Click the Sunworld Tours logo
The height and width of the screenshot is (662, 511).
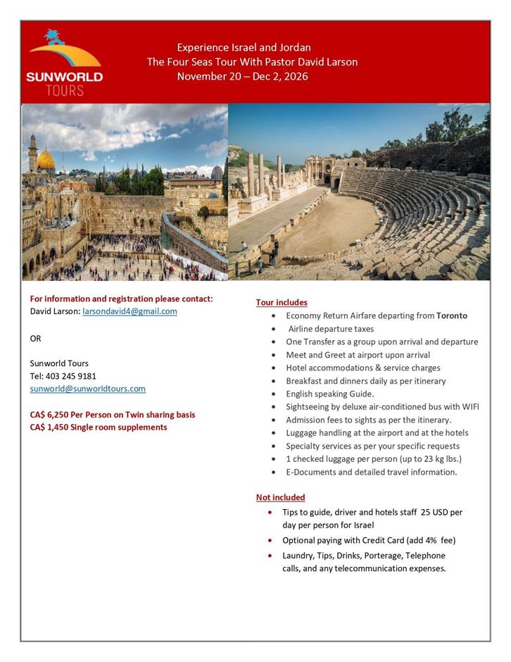pyautogui.click(x=64, y=63)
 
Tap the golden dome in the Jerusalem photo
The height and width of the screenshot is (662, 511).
pyautogui.click(x=46, y=160)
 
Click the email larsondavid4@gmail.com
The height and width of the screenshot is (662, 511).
pyautogui.click(x=130, y=311)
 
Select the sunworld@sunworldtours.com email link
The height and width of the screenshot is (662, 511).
pyautogui.click(x=87, y=389)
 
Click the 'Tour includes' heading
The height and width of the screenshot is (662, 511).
pyautogui.click(x=282, y=302)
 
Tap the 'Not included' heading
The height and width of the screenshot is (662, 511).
pyautogui.click(x=280, y=497)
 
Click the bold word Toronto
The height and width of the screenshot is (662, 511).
pyautogui.click(x=452, y=316)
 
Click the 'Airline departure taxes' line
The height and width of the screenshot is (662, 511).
pyautogui.click(x=331, y=329)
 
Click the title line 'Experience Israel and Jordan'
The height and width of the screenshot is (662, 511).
pyautogui.click(x=244, y=48)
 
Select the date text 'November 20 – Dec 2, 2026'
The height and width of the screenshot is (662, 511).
pyautogui.click(x=243, y=76)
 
